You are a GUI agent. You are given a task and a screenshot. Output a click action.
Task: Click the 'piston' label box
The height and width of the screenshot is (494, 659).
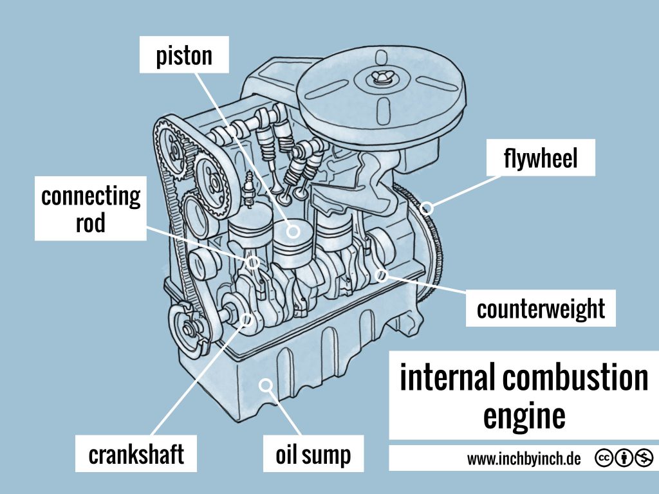pyautogui.click(x=184, y=55)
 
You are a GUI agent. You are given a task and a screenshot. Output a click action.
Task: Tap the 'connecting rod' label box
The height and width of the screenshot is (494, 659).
pyautogui.click(x=90, y=208)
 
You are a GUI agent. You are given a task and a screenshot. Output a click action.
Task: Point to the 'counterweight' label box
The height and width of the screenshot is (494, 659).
pyautogui.click(x=541, y=309)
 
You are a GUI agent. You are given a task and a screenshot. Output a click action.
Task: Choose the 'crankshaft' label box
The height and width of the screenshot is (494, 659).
pyautogui.click(x=136, y=454)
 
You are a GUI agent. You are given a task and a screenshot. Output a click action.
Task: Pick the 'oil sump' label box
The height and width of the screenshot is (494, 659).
pyautogui.click(x=313, y=454)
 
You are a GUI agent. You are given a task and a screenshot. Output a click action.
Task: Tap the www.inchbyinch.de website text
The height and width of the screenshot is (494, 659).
pyautogui.click(x=524, y=459)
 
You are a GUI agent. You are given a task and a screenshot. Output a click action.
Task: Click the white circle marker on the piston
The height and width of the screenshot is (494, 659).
pyautogui.click(x=293, y=230)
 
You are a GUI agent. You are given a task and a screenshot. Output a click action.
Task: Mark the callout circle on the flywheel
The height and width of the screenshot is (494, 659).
pyautogui.click(x=427, y=208)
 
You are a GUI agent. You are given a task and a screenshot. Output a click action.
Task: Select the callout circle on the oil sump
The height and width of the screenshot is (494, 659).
pyautogui.click(x=265, y=385)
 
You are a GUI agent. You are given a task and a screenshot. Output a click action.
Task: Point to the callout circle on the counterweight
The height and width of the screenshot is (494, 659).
pyautogui.click(x=381, y=275)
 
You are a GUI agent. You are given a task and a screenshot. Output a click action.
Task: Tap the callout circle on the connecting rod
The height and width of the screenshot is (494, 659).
pyautogui.click(x=254, y=262)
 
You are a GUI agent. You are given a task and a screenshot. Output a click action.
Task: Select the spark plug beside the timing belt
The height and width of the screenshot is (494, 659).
pyautogui.click(x=248, y=190)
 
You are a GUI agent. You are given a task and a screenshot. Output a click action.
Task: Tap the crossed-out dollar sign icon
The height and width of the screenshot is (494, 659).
pyautogui.click(x=644, y=459)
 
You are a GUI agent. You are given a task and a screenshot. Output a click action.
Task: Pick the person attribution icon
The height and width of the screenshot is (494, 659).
pyautogui.click(x=624, y=459)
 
